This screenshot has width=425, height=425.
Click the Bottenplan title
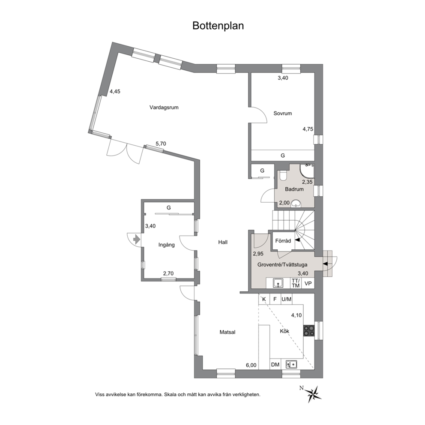coord(218,26)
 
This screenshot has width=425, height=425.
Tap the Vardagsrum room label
coord(164,108)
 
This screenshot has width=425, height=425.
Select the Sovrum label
coord(282,113)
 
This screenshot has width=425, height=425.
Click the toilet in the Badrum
coord(284,175)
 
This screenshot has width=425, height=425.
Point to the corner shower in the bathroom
coord(307,171)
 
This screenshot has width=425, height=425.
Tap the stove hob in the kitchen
coord(309,331)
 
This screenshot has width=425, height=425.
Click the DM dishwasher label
coord(275,365)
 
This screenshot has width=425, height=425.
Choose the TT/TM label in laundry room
coord(296,283)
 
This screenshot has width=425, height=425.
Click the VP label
coord(308,284)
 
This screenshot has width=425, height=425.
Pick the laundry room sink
coord(278,283)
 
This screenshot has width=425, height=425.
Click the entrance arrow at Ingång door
coord(137,239)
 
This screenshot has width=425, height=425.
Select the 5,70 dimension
coord(161,144)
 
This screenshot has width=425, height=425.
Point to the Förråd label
coord(283,241)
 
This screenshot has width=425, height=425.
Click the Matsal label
coord(227,332)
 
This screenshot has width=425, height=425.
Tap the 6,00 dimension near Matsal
coord(251,365)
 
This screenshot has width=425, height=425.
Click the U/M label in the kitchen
coord(287,299)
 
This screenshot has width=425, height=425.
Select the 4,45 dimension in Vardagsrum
coord(115,91)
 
